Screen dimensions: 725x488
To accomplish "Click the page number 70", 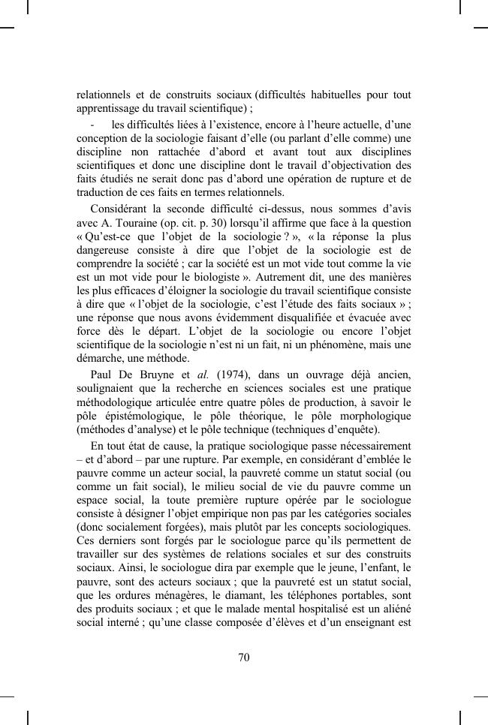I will [243, 658].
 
